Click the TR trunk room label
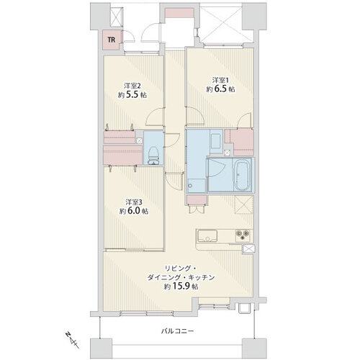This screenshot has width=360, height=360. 112,40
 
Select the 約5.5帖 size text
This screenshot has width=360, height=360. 132,95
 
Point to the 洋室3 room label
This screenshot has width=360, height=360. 133,202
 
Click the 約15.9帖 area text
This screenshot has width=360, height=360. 181,286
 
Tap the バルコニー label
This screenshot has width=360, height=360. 177,332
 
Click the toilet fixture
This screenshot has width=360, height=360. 153,156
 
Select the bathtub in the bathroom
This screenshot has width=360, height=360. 242,174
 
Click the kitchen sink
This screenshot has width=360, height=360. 207,235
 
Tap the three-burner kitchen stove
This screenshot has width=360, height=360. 243,235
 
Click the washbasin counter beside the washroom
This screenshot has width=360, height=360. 217,143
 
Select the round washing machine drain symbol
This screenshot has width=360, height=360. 191,186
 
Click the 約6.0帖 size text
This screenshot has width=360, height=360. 134,211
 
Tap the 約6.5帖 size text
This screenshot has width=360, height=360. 220,89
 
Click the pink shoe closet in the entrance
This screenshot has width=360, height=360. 179,13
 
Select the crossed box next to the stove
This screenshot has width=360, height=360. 248,248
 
